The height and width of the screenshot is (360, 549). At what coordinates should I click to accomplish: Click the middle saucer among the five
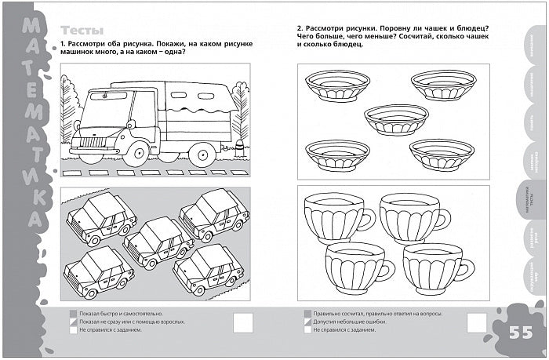396,118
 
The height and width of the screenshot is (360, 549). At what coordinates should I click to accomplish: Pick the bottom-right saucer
442,153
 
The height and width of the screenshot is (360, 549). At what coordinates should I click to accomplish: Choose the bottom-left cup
357,265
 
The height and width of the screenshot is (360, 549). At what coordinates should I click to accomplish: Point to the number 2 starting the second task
300,29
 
